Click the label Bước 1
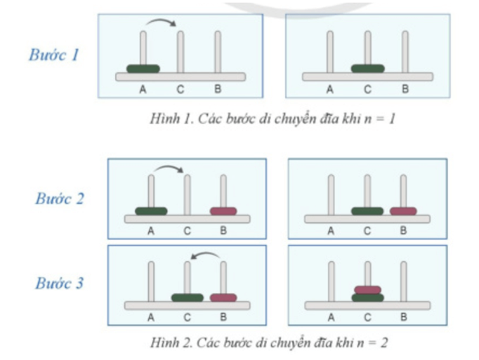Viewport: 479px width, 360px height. pos(53,55)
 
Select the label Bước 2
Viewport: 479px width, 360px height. pos(60,199)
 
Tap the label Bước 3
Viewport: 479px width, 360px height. pos(60,284)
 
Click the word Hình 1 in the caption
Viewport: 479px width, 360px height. pos(165,119)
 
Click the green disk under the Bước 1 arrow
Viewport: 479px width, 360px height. pos(143,69)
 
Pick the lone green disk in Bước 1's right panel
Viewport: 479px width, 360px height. pos(367,69)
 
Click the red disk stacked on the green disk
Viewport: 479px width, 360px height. pos(367,289)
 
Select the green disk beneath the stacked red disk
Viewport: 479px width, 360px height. pos(367,298)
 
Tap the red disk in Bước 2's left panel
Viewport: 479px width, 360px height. pos(224,211)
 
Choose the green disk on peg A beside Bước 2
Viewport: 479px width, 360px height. pos(151,211)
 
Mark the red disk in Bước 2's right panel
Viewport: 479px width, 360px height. pos(404,211)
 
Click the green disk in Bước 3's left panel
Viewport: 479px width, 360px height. pos(188,298)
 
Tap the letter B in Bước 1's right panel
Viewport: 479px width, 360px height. pos(405,89)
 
